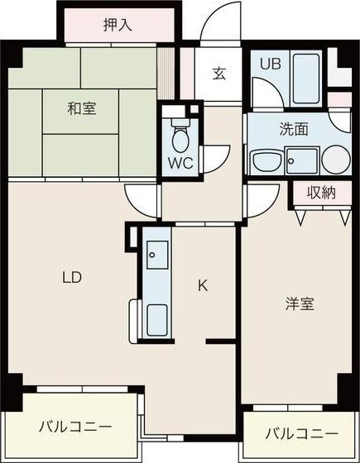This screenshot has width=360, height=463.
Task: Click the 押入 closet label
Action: (118, 25)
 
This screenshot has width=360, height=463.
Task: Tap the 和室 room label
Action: (82, 108)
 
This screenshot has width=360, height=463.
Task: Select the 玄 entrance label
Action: (219, 74)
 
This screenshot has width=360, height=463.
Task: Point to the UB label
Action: (270, 64)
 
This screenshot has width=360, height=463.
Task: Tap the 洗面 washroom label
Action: (294, 129)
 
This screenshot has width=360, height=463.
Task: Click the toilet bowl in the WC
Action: (180, 138)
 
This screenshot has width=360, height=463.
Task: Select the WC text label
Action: (180, 163)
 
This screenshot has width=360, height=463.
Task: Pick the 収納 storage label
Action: (321, 193)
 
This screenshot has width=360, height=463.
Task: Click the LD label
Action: (72, 277)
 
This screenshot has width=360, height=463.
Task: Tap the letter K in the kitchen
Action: (203, 285)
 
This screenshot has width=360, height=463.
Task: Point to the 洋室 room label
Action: (300, 304)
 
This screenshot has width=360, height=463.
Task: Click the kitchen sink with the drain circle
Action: (157, 255)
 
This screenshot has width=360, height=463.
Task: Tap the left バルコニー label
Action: (75, 427)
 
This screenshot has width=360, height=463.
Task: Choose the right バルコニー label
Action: (301, 434)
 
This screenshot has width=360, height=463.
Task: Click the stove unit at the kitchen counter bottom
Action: (157, 320)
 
